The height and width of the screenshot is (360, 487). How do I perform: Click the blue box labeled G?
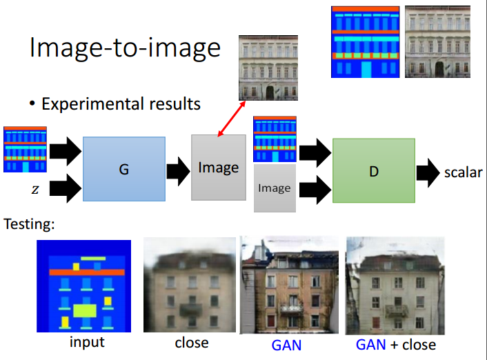click(x=124, y=169)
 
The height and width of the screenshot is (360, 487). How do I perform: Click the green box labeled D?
click(x=374, y=170)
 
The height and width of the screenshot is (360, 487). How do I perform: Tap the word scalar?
click(x=463, y=172)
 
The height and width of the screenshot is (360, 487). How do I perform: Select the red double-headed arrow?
click(x=232, y=119)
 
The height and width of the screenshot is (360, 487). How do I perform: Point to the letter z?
click(x=35, y=189)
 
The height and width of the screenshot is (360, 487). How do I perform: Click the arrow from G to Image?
click(x=178, y=172)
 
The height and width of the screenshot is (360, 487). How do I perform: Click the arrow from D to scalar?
click(x=428, y=172)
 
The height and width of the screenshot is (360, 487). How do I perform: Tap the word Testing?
click(x=29, y=223)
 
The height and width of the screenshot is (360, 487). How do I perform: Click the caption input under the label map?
click(x=87, y=342)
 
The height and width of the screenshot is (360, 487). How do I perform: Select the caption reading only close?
click(x=192, y=343)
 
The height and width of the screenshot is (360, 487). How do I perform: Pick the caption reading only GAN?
click(x=286, y=345)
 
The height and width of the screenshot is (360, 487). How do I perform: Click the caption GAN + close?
click(x=396, y=344)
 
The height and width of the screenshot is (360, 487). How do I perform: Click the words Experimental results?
click(x=121, y=103)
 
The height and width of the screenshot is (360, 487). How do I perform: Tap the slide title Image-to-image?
click(x=125, y=48)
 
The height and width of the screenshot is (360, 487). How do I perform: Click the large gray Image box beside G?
click(x=219, y=168)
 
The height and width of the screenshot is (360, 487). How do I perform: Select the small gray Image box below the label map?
click(x=275, y=188)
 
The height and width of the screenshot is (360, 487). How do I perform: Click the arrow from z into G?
click(x=66, y=188)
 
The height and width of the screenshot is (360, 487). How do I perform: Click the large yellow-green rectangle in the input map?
click(x=85, y=310)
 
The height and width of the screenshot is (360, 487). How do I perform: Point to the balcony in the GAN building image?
click(x=291, y=308)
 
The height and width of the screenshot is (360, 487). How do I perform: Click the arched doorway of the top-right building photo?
click(x=439, y=70)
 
